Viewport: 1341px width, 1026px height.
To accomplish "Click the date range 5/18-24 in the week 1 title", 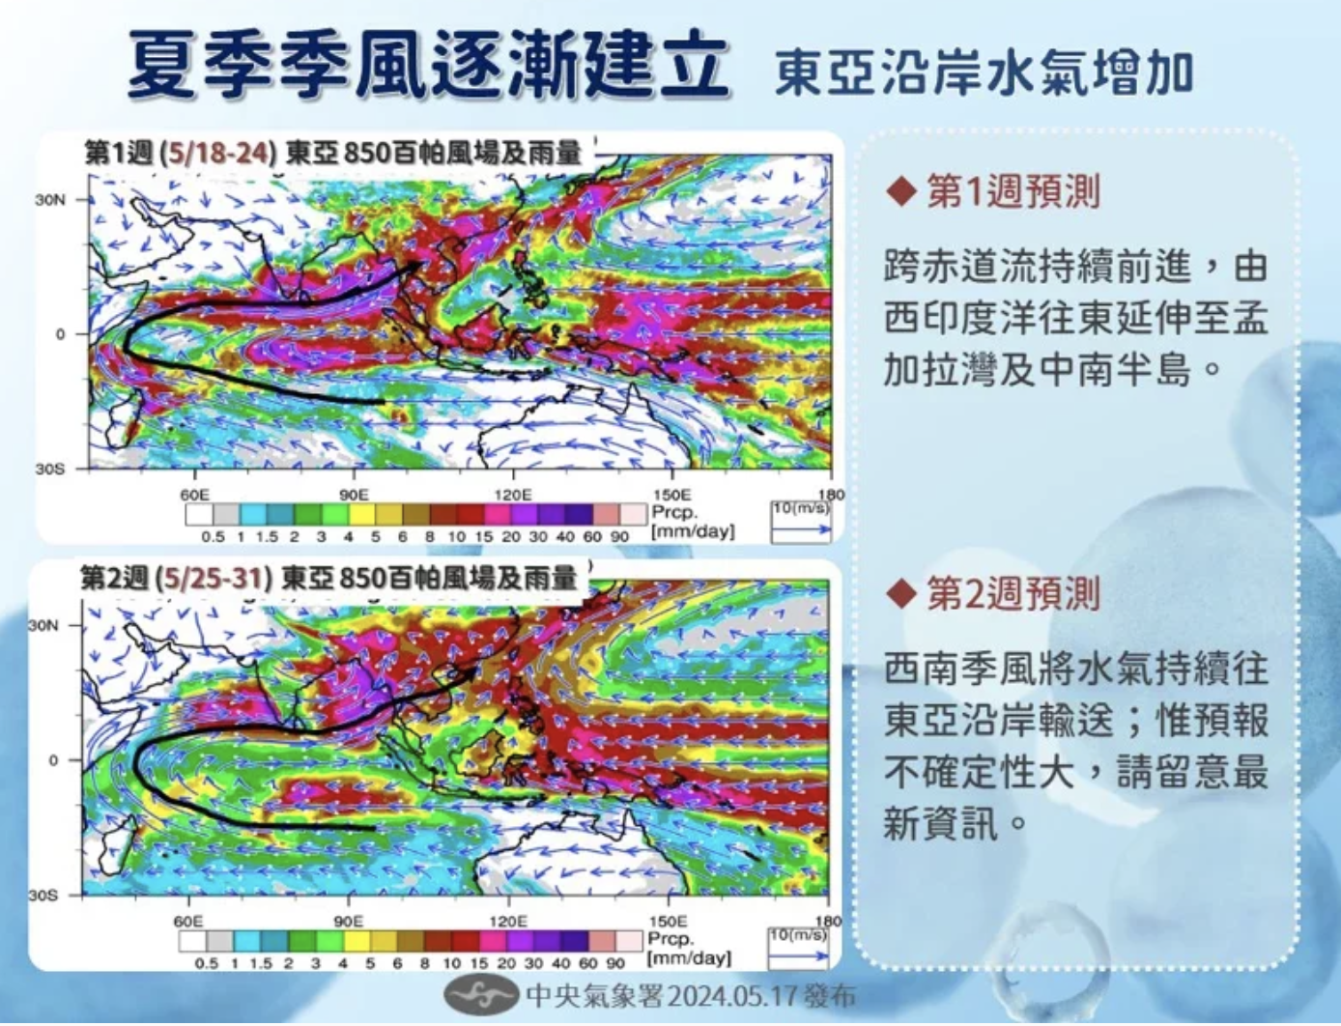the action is (x=219, y=154).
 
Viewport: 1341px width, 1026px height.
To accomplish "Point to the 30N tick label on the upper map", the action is (x=50, y=200).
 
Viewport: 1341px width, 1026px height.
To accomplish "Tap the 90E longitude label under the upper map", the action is (x=353, y=495).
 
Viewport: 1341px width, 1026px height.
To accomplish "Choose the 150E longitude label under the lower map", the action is (x=668, y=921).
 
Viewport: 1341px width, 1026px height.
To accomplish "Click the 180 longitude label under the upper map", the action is (x=832, y=495).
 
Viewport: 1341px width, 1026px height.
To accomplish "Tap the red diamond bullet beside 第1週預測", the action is (x=901, y=192).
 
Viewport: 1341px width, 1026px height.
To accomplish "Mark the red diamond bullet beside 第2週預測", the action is (x=901, y=594).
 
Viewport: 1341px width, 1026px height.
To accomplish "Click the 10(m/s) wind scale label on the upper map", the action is (x=801, y=509).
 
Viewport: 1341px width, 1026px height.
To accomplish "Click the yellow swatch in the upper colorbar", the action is (x=362, y=515).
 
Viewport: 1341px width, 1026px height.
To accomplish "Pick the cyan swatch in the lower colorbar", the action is (x=246, y=941).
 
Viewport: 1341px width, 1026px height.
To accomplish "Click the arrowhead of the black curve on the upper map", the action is (x=414, y=266).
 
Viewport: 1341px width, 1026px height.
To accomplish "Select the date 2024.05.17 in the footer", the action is (x=732, y=996).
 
